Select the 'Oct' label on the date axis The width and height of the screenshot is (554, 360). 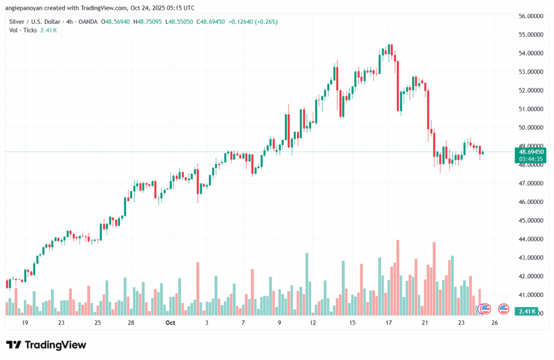coord(170,323)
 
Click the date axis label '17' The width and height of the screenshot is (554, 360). coord(388,323)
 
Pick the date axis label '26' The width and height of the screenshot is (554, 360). coord(494,323)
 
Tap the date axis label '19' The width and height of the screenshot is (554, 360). coord(25,323)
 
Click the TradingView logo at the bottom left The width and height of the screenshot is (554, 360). coord(46,345)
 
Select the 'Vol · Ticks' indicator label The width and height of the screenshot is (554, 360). coord(23,30)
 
